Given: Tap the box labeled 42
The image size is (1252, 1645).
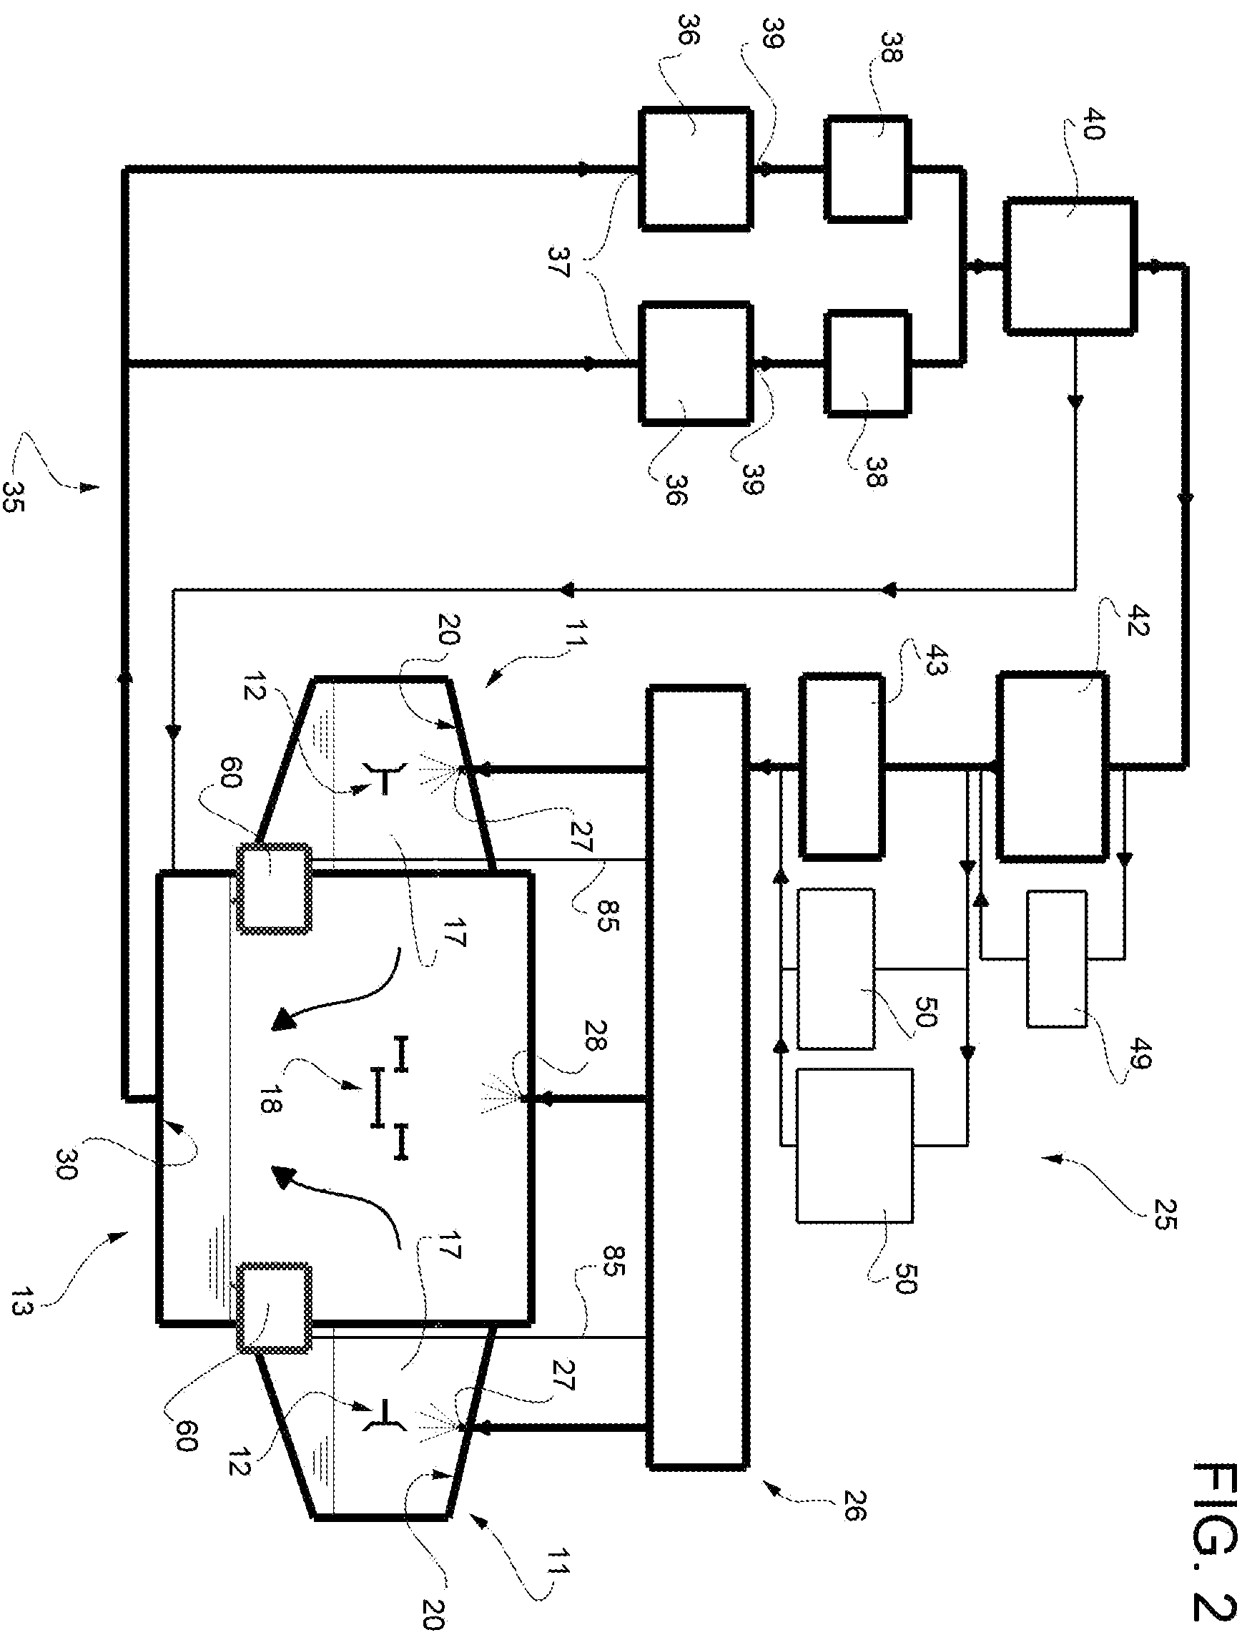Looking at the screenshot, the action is coord(1053,767).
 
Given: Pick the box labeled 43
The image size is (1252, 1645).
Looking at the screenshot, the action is coord(842,766).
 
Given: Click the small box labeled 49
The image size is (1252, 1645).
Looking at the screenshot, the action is coord(1056,959).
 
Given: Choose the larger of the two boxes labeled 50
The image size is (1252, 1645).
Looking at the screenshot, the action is coord(854,1146).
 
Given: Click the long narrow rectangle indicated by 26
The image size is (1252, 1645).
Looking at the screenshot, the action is coord(697,1078).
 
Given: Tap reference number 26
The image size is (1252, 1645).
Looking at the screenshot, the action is coord(854,1503).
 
